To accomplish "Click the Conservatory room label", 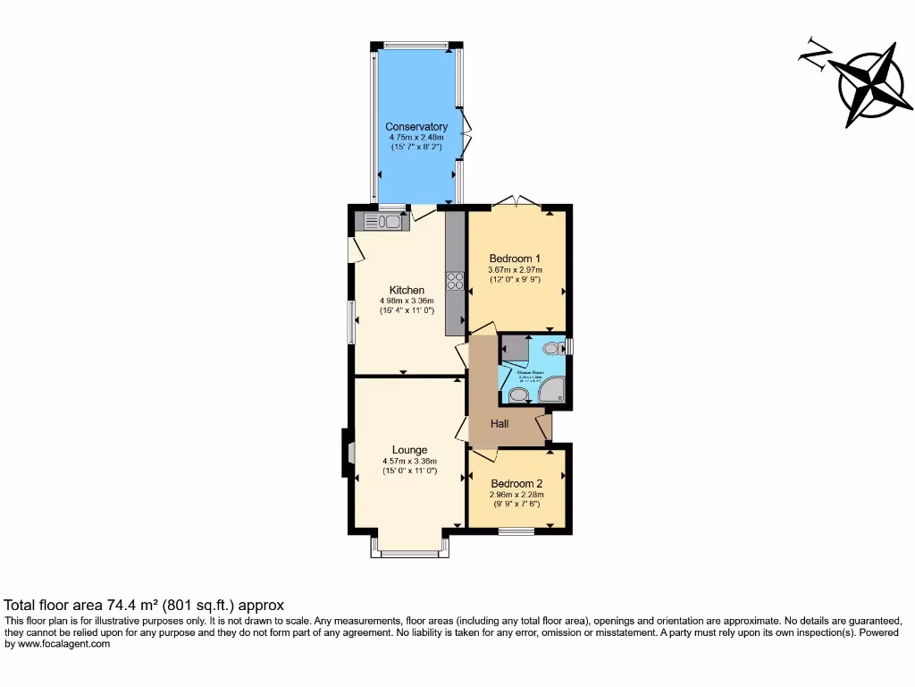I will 416,127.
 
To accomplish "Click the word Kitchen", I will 407,290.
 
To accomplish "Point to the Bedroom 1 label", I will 515,259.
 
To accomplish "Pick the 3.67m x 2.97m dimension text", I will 515,270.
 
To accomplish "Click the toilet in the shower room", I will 552,348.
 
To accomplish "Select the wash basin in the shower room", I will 517,394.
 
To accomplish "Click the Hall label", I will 499,423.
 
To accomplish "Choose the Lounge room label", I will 409,450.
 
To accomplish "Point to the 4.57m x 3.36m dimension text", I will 409,462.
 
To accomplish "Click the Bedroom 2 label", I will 516,483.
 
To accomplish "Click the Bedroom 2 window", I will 516,532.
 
